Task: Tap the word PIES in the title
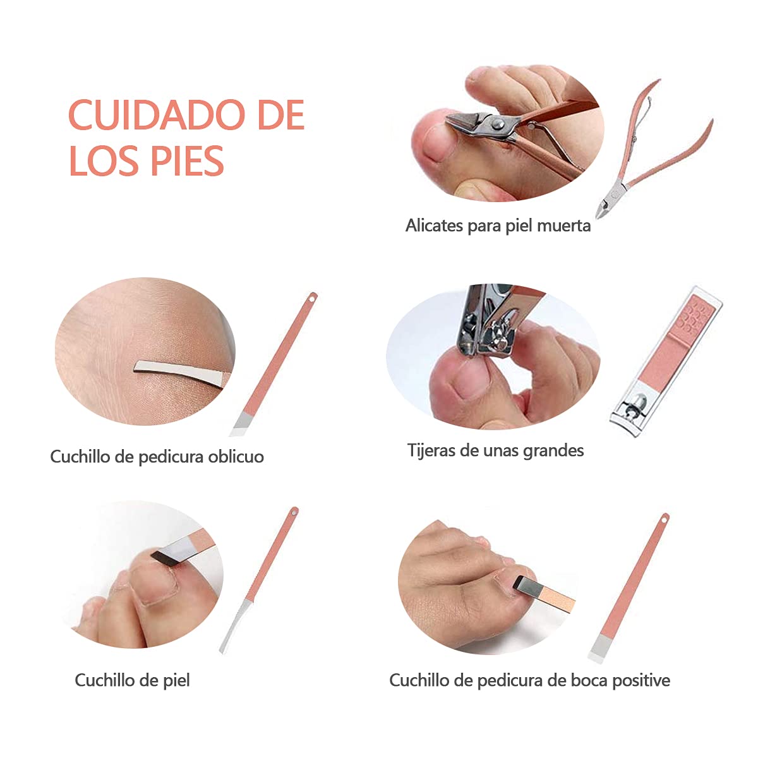(187, 161)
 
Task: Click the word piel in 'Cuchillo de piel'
(176, 680)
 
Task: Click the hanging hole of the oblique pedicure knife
(312, 299)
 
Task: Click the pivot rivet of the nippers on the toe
(498, 124)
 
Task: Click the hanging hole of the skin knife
(294, 513)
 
